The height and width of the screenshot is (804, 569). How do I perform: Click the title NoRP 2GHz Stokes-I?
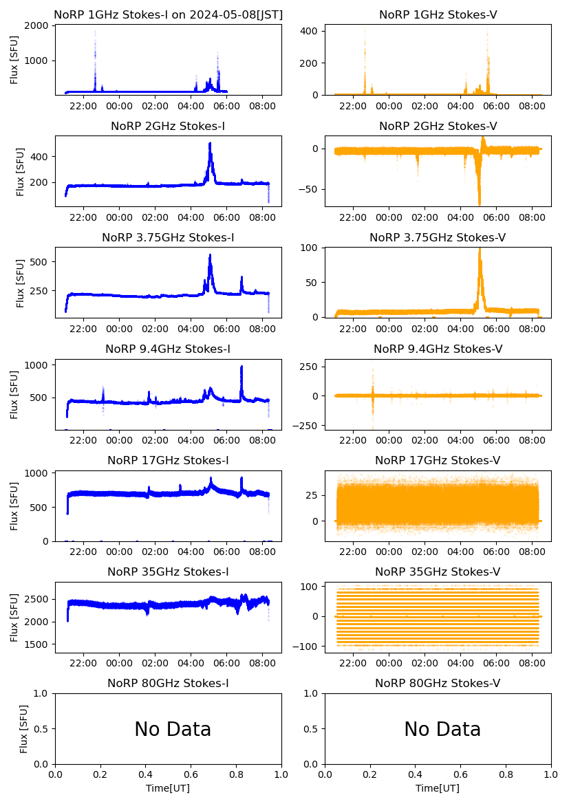(x=168, y=126)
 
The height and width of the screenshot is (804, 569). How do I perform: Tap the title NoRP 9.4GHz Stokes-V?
(x=438, y=349)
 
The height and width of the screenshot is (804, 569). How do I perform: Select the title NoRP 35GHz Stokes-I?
(x=168, y=572)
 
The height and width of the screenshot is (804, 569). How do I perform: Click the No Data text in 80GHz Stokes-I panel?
(x=173, y=729)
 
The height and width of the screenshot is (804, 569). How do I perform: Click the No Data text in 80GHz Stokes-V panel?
(x=442, y=729)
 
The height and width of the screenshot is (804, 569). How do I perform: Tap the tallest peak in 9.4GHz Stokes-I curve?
(x=241, y=367)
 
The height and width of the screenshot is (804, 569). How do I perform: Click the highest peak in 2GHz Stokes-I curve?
(x=210, y=144)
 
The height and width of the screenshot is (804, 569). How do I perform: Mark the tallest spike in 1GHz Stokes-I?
(x=95, y=32)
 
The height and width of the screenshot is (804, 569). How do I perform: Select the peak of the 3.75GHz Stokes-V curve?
(x=480, y=249)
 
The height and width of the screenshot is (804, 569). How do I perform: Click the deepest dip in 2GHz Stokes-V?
(x=479, y=204)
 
